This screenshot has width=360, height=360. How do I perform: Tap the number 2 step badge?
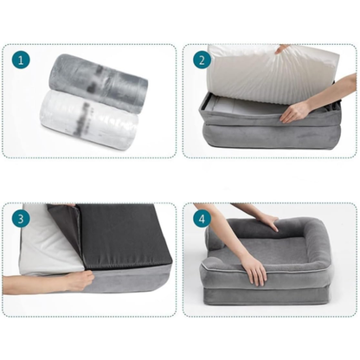[x=202, y=61]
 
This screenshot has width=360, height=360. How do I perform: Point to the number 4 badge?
[x=202, y=219]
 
